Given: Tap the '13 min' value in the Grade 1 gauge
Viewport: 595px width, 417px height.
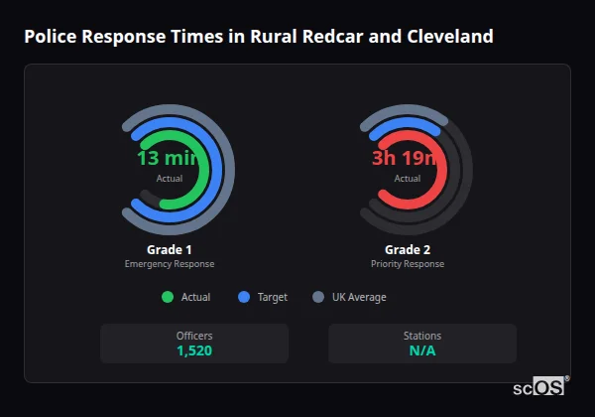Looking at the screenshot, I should tap(169, 158).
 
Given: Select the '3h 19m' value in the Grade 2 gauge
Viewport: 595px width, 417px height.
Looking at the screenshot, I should tap(407, 158).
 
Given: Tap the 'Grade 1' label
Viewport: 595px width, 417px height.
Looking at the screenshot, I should tap(169, 249).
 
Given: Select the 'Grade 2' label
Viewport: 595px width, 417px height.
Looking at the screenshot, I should tap(407, 249).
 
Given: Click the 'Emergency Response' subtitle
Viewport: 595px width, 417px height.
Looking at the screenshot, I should tap(169, 264).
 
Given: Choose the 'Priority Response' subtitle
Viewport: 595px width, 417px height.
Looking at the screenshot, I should tap(407, 264).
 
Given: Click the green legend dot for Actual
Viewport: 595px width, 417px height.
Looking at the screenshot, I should tap(167, 297).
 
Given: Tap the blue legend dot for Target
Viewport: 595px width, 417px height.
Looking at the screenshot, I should tap(244, 297).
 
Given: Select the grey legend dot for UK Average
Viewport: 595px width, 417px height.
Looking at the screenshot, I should tap(318, 297).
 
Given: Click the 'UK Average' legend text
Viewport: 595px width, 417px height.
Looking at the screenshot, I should tap(359, 297).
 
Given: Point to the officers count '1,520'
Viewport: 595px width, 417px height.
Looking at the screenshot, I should tap(194, 350).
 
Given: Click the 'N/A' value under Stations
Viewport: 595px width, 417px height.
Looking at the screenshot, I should tap(422, 350).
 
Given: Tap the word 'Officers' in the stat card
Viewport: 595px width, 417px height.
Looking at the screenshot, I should tap(194, 336).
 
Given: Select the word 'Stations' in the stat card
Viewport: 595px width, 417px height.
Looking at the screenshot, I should tap(422, 336).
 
